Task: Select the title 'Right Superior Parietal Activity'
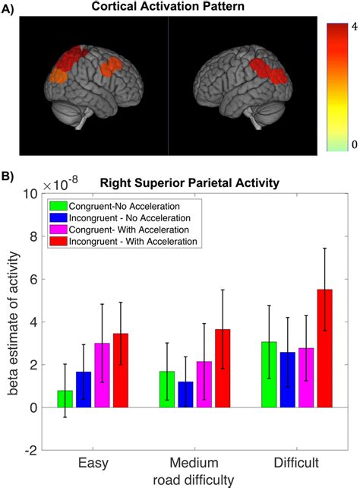coord(199,182)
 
